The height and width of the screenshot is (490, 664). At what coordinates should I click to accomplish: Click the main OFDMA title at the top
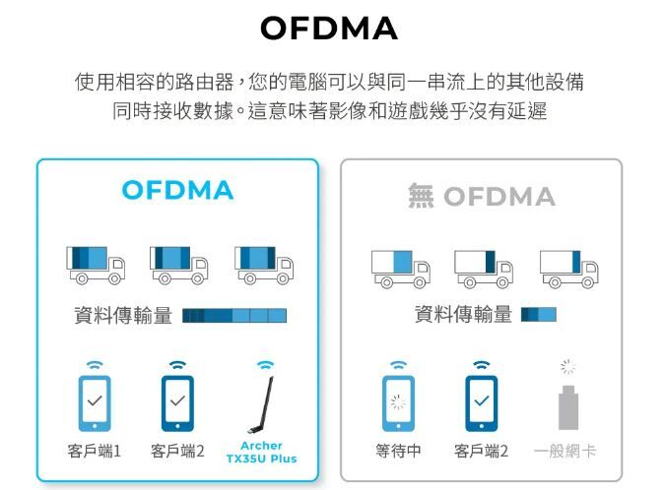[329, 30]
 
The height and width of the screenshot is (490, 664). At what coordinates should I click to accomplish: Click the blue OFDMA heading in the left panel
[178, 190]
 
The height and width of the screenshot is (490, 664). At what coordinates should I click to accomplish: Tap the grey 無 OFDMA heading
[482, 197]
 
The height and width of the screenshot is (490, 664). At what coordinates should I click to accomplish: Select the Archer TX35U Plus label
[261, 453]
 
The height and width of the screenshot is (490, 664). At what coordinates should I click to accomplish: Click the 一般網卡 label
[564, 452]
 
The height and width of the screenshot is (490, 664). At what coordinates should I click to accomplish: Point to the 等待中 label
[398, 452]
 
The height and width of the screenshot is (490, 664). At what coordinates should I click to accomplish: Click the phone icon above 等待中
[398, 403]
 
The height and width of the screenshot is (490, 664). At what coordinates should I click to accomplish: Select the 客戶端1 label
[95, 452]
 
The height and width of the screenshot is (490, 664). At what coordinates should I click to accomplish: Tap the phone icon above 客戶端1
[95, 403]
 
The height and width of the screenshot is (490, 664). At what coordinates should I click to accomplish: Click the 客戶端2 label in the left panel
[177, 452]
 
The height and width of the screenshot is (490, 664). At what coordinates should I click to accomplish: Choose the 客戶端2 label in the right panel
[481, 452]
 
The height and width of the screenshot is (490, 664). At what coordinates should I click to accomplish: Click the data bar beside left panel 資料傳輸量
[234, 316]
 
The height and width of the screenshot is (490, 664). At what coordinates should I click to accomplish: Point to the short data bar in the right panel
[539, 315]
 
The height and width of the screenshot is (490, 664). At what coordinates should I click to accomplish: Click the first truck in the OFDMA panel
[96, 265]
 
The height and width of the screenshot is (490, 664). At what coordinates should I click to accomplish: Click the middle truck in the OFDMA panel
[178, 265]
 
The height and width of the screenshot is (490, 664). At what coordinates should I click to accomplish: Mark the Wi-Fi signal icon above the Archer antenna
[264, 365]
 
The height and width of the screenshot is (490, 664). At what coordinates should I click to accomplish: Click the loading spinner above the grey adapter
[567, 366]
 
